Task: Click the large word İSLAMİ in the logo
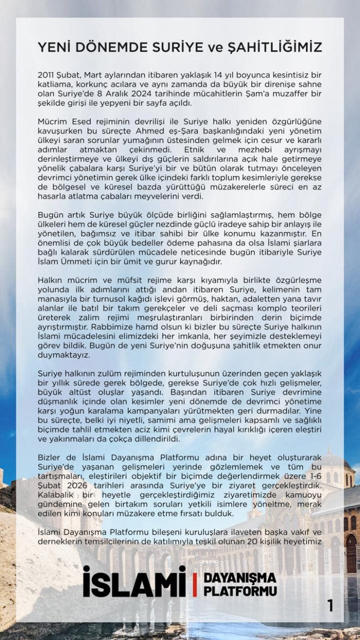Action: (134, 582)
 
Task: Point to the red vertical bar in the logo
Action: (194, 584)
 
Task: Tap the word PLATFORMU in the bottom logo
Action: (240, 591)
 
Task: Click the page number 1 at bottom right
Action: (330, 606)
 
